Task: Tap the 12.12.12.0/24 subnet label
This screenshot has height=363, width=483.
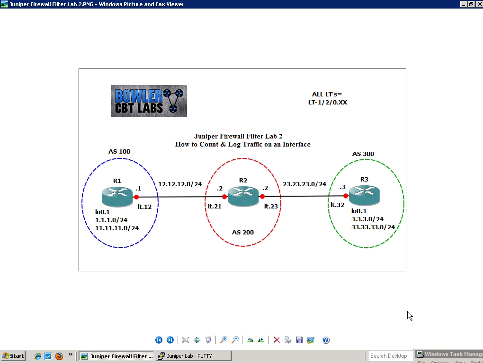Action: [x=180, y=184]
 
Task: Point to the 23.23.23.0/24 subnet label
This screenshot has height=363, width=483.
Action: [x=304, y=184]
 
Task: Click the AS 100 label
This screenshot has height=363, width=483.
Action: [x=119, y=152]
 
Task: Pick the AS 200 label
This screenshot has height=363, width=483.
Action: [x=243, y=233]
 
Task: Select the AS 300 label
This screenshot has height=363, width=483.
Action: [x=363, y=154]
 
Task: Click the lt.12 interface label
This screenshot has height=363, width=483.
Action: [x=144, y=207]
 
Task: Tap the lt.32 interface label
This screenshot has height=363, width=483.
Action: [x=337, y=205]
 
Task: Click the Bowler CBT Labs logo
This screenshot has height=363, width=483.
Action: [x=149, y=101]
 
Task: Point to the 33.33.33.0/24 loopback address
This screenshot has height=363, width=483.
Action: [x=373, y=227]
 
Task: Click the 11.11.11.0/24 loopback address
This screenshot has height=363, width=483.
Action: [x=117, y=228]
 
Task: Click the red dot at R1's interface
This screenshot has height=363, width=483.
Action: [x=136, y=197]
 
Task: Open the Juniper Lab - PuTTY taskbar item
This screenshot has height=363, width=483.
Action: [x=194, y=356]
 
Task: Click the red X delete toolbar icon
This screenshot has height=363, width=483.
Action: [x=277, y=340]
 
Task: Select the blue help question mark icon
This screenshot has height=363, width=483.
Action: [x=326, y=340]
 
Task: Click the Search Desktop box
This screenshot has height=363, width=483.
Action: [x=390, y=356]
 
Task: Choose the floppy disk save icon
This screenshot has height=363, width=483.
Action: [x=299, y=340]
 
